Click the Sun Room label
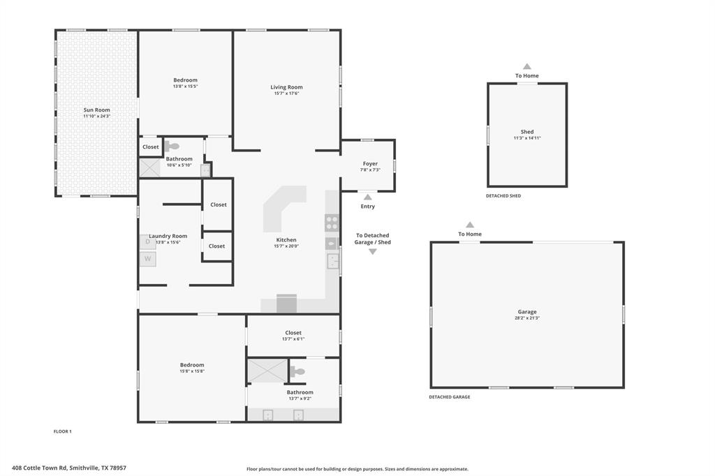96,110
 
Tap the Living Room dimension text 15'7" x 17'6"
286,94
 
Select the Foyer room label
370,163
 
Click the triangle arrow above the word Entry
367,197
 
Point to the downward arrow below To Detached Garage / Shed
372,251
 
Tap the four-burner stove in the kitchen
332,223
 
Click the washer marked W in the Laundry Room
147,259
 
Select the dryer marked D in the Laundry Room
147,241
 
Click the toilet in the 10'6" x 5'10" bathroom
172,147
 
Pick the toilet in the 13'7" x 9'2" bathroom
298,372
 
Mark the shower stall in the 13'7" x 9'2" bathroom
267,371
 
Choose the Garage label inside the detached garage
527,312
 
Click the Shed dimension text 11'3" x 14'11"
527,138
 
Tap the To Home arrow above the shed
527,66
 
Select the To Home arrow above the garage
470,225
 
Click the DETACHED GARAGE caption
449,397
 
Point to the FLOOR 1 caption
63,431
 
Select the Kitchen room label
286,240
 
